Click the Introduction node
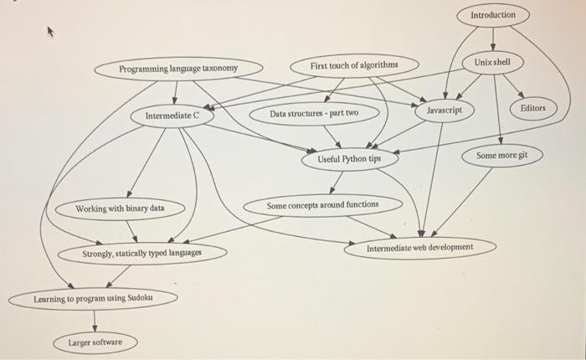494,16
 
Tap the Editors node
532,109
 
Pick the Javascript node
445,111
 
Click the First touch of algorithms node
353,65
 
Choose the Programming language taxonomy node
178,68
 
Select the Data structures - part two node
313,113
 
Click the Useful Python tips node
350,157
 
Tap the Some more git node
502,156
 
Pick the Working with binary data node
120,208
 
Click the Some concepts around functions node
322,204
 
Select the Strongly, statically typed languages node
142,253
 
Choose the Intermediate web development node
419,248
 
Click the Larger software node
95,342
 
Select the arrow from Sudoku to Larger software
95,321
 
